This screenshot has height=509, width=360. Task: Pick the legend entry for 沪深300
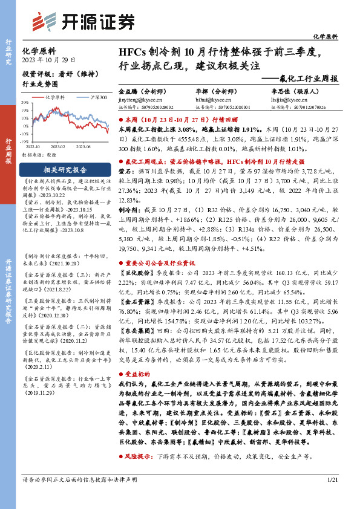click(x=99, y=97)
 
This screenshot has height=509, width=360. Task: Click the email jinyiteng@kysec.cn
click(x=137, y=97)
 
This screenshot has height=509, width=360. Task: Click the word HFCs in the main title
click(x=133, y=51)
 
